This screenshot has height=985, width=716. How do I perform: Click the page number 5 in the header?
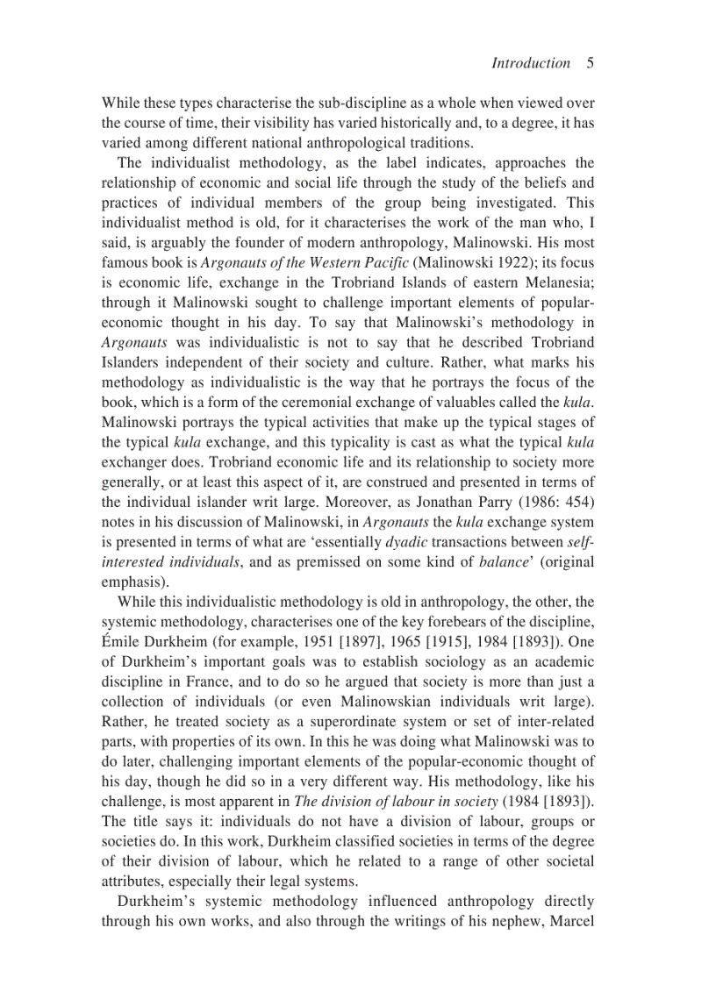coord(591,63)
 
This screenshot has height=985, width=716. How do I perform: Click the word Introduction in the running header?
coord(530,63)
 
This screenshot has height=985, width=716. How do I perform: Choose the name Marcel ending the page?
coord(571,921)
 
